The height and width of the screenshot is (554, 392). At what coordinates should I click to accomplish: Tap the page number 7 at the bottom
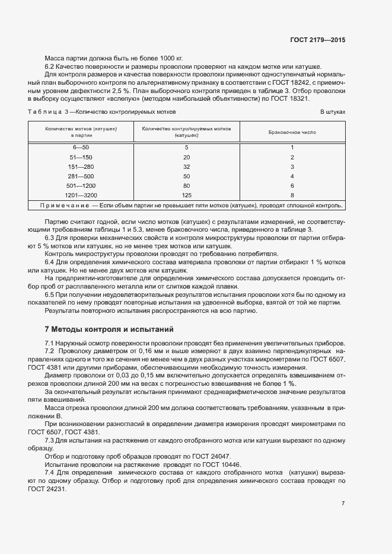click(343, 503)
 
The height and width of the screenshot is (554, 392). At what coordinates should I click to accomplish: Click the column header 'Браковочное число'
click(292, 132)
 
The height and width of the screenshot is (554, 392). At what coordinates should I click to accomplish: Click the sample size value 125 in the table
click(187, 195)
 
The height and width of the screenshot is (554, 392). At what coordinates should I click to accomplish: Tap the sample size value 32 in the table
click(187, 166)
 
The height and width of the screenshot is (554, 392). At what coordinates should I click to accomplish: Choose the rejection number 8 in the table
click(292, 195)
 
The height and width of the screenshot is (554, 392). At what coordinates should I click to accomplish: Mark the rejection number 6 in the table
click(292, 185)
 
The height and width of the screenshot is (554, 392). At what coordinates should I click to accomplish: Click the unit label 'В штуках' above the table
click(333, 111)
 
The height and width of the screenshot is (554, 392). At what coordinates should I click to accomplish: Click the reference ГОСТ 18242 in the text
click(295, 84)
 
